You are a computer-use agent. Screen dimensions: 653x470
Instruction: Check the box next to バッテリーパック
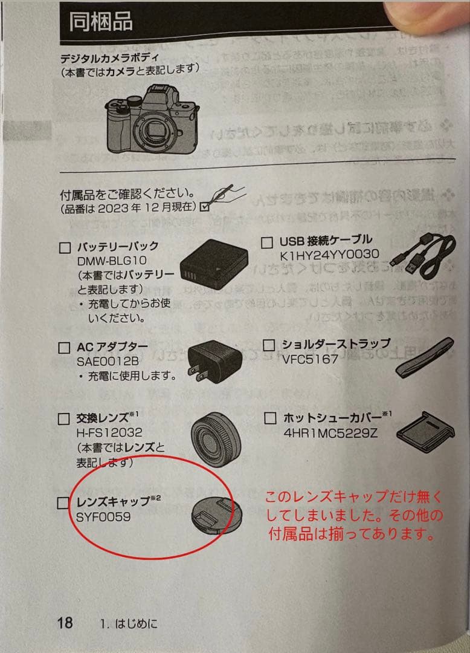coord(65,247)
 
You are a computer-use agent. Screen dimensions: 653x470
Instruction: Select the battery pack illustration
coord(214,262)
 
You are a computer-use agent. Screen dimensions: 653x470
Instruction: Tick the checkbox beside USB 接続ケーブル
coord(266,242)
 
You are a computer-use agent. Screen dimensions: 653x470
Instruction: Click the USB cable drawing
coord(423,254)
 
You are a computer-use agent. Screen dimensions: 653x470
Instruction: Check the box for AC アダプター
coord(65,348)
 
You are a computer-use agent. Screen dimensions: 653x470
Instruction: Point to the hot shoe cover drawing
coord(425,429)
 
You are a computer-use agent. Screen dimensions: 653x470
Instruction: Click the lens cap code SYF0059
coord(103,518)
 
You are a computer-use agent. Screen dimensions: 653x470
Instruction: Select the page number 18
coord(65,622)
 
